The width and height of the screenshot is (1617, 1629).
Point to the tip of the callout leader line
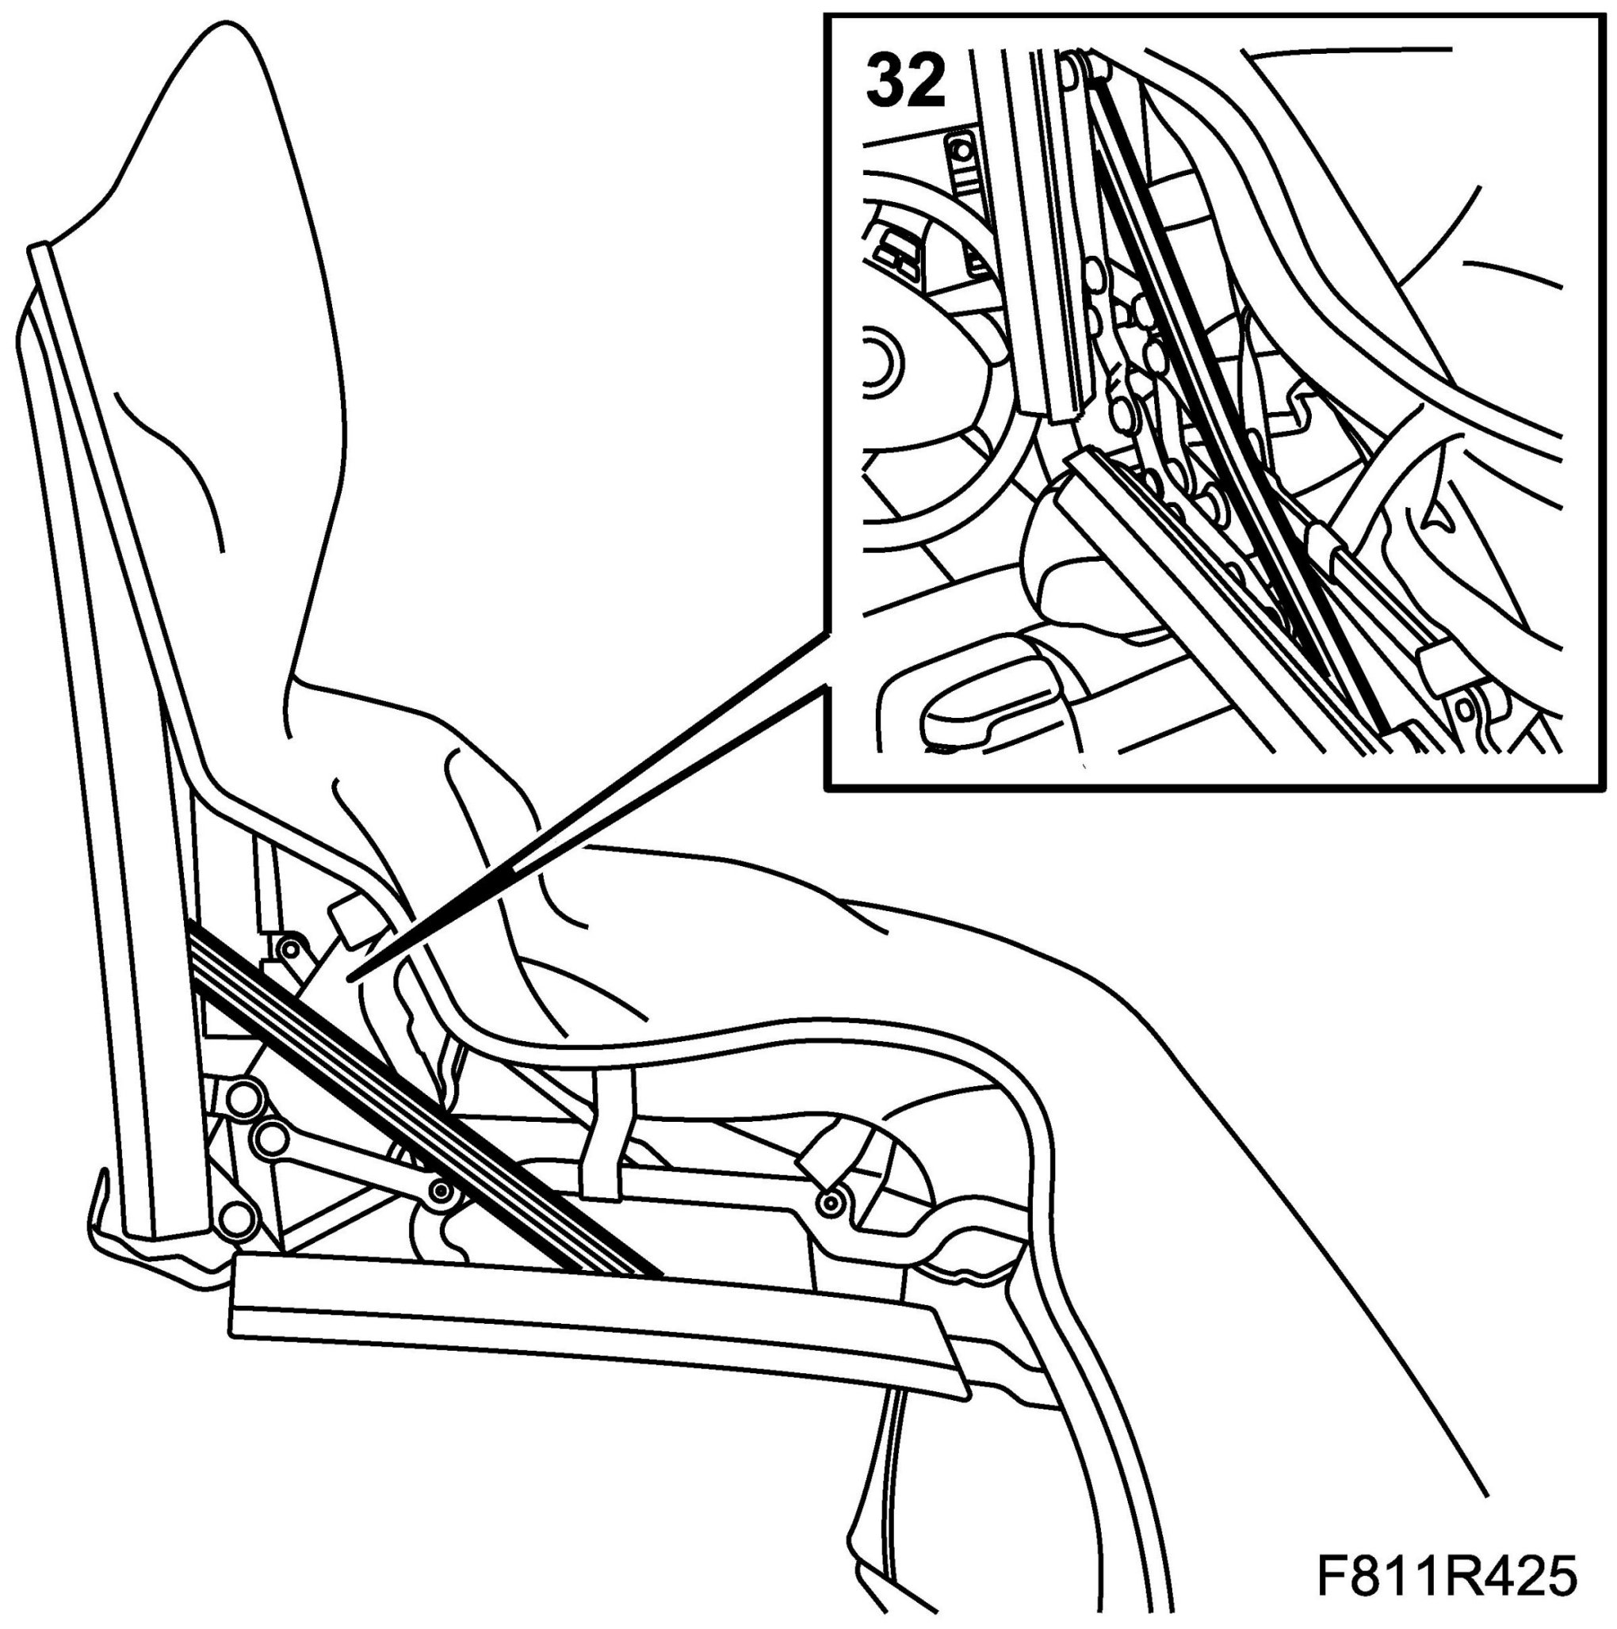[352, 979]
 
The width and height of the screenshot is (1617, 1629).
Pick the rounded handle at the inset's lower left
[987, 692]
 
